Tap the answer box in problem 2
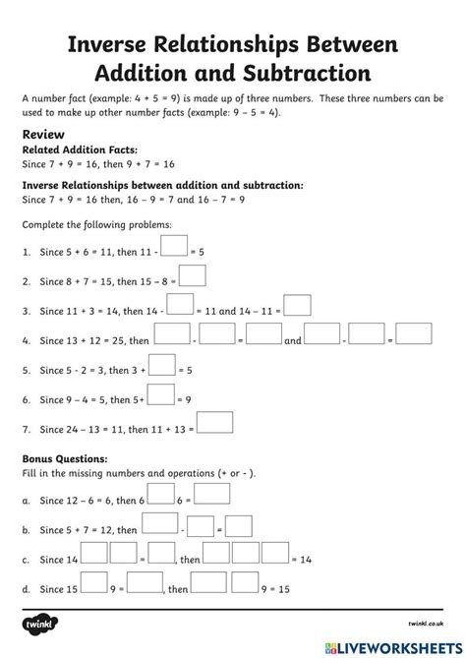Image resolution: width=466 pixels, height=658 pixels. coord(193,275)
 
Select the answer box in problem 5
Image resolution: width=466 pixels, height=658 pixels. coord(161,365)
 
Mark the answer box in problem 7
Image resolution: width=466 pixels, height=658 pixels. coord(216,423)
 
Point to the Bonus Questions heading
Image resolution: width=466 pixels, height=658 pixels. coord(64,459)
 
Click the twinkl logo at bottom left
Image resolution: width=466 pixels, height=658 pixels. coord(37,634)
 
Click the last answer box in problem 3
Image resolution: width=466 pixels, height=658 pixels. coord(297,306)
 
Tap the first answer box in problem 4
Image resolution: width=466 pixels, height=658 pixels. coord(172,334)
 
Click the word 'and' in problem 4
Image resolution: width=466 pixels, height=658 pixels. coord(293,341)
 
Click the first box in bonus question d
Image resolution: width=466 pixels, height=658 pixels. coord(92,584)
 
